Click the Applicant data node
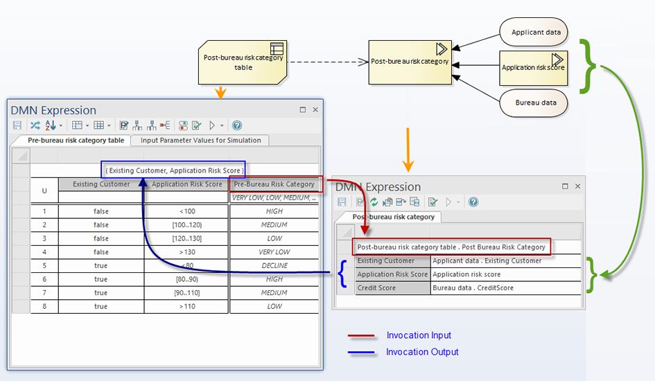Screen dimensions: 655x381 pyautogui.click(x=534, y=32)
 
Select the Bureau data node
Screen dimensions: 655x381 pyautogui.click(x=534, y=103)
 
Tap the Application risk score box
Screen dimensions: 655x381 pyautogui.click(x=534, y=68)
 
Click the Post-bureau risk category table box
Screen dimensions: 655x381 pyautogui.click(x=243, y=62)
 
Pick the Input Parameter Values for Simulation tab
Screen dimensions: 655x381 pyautogui.click(x=200, y=141)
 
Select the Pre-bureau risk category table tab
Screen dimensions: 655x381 pyautogui.click(x=76, y=141)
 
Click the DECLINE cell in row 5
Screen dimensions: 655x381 pyautogui.click(x=274, y=266)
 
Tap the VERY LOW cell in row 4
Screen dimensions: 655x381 pyautogui.click(x=274, y=252)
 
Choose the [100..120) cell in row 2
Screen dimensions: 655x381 pyautogui.click(x=186, y=225)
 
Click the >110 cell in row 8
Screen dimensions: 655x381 pyautogui.click(x=186, y=306)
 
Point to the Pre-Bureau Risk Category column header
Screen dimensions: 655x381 pyautogui.click(x=274, y=184)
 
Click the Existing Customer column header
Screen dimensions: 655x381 pyautogui.click(x=101, y=184)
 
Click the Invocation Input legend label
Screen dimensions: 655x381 pyautogui.click(x=419, y=335)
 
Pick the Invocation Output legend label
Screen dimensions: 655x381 pyautogui.click(x=422, y=352)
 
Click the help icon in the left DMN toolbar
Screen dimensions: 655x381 pyautogui.click(x=237, y=125)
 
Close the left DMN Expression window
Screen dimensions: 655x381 pyautogui.click(x=315, y=109)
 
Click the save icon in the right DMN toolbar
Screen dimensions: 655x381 pyautogui.click(x=342, y=202)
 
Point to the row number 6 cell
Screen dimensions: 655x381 pyautogui.click(x=44, y=279)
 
